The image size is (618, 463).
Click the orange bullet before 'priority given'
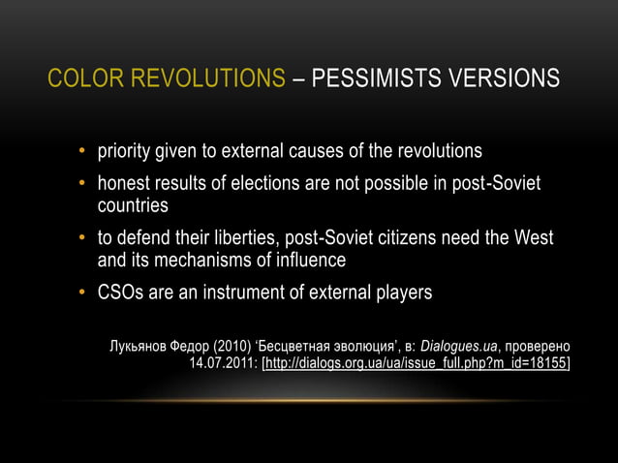click(x=83, y=153)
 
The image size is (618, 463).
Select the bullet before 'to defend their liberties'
click(x=83, y=239)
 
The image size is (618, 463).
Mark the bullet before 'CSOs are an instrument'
click(x=83, y=293)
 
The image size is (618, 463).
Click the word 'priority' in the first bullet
click(x=126, y=152)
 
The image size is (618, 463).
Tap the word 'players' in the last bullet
click(x=399, y=293)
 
